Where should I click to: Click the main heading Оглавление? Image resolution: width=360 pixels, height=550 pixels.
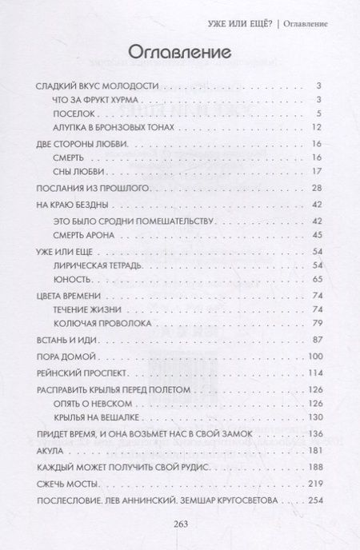tap(179, 51)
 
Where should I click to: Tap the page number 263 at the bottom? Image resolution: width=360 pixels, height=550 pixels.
tap(179, 524)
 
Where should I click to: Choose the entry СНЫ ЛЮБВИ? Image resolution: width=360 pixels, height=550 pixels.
tap(74, 171)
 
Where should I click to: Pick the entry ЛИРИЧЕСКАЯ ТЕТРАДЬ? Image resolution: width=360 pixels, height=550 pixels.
tap(99, 265)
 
